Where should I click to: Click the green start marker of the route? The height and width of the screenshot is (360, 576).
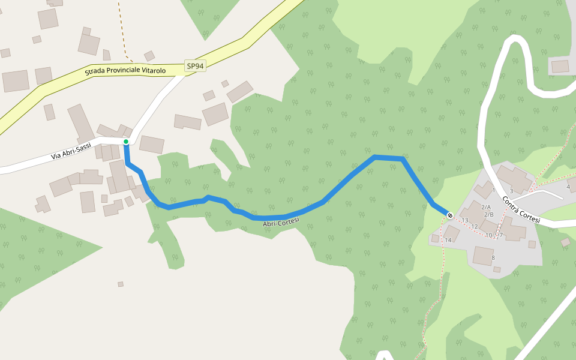(126, 142)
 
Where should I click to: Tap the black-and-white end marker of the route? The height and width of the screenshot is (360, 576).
(450, 215)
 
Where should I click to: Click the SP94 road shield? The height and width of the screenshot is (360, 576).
(195, 67)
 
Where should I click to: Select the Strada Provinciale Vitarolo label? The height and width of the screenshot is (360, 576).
(125, 71)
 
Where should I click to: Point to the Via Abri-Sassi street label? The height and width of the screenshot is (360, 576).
(71, 151)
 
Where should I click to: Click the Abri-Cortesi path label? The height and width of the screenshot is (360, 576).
(281, 223)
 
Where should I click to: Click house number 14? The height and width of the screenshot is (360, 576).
(448, 240)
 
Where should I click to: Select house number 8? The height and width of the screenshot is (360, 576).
(493, 258)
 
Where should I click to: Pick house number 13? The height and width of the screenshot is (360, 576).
(465, 220)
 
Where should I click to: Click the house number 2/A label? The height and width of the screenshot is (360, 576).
(487, 206)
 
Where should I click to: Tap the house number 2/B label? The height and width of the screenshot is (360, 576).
(489, 214)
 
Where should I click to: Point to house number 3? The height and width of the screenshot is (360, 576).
(511, 191)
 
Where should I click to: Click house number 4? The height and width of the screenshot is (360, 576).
(568, 187)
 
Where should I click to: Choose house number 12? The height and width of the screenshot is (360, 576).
(474, 226)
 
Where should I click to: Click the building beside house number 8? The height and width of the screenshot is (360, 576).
(482, 255)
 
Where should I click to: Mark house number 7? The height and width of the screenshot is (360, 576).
(501, 235)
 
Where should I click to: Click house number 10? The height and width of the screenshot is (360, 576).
(489, 235)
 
